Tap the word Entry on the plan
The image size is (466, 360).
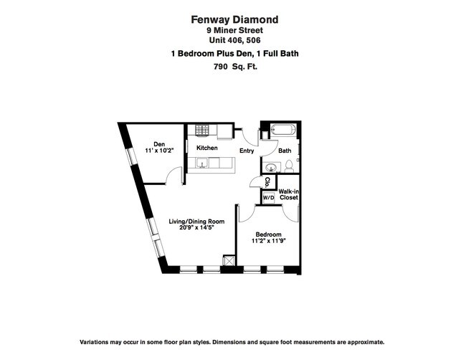tap(247, 151)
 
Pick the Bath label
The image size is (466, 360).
tap(285, 151)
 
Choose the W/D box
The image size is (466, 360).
tap(267, 196)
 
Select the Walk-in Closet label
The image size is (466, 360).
tap(288, 195)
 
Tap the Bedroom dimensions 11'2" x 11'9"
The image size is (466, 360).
tap(269, 242)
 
